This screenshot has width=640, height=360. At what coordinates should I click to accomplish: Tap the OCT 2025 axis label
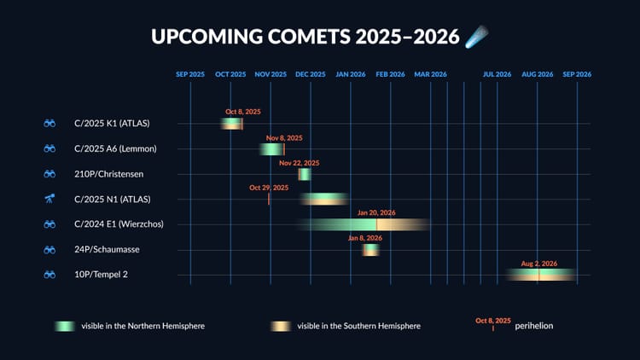tap(230, 74)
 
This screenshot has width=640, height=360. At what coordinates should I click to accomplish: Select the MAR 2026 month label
tap(431, 74)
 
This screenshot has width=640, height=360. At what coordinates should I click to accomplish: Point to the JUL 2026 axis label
tap(497, 74)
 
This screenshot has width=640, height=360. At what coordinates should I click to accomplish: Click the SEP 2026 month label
tap(577, 74)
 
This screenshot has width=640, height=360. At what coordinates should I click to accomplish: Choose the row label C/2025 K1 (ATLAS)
tap(112, 124)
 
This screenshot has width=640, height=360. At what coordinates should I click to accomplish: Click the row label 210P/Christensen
tap(108, 174)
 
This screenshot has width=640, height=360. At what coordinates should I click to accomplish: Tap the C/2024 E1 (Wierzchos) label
tap(119, 224)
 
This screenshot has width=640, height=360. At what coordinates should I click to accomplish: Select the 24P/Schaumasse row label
tap(107, 249)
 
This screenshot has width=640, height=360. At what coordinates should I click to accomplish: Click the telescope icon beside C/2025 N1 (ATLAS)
tap(49, 199)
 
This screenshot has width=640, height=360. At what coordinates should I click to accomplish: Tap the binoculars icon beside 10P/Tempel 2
tap(49, 275)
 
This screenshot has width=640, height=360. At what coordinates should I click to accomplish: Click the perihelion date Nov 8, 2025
tap(284, 138)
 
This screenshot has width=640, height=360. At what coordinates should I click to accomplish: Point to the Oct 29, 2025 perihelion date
tap(269, 188)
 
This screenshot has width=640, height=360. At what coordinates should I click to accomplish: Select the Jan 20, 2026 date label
tap(376, 212)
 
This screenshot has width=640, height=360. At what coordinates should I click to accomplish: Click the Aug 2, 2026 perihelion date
tap(538, 264)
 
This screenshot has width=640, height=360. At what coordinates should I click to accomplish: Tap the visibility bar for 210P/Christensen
tap(304, 174)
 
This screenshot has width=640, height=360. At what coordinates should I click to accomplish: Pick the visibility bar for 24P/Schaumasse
tap(370, 250)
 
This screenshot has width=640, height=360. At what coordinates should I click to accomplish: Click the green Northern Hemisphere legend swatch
tap(65, 326)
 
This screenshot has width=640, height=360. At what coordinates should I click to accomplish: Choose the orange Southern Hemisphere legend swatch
tap(280, 326)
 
